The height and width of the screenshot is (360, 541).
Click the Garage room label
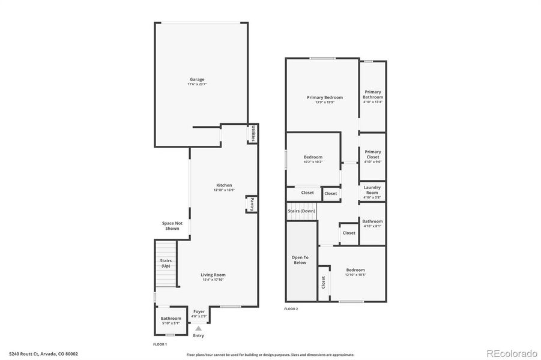click(197, 79)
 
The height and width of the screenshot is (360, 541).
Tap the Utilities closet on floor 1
click(253, 134)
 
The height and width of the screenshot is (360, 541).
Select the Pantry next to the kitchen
click(252, 204)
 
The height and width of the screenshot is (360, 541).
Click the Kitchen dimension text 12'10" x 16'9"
click(224, 190)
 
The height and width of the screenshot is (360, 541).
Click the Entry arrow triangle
click(198, 328)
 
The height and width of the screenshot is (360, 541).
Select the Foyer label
click(199, 311)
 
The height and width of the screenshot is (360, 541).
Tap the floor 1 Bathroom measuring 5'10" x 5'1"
click(171, 320)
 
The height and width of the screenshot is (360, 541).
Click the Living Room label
click(213, 275)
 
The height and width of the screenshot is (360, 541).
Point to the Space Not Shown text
click(171, 226)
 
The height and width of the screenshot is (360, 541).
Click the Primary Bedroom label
click(325, 97)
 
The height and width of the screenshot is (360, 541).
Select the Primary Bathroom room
click(372, 97)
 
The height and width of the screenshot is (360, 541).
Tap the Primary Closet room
click(372, 156)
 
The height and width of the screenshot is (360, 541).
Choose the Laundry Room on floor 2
click(372, 191)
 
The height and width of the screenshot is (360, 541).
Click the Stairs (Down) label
click(301, 211)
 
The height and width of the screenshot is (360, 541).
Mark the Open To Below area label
click(300, 260)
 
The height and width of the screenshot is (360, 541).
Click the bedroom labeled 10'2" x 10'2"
click(313, 159)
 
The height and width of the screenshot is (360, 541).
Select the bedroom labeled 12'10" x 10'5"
click(355, 272)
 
